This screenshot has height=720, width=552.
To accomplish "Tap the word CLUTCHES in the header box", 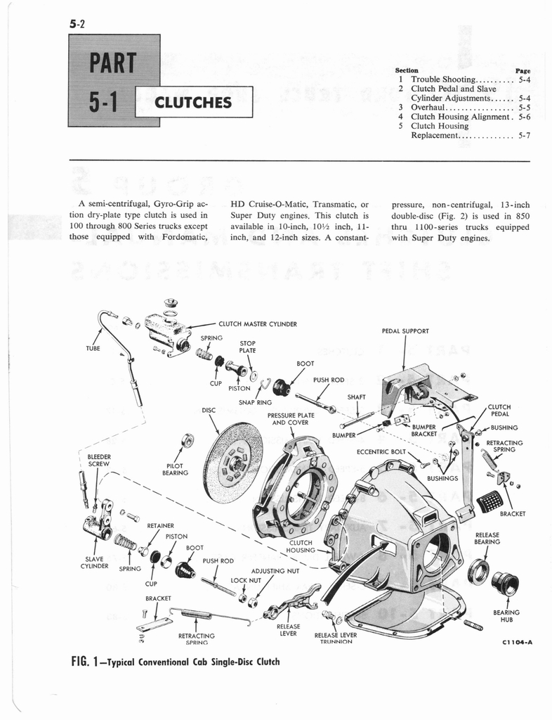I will click(193, 103).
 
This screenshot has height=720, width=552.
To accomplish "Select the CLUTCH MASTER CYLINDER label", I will click(258, 324).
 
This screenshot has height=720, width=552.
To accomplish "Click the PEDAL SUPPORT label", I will click(405, 330).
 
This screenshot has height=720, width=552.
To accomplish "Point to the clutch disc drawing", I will click(232, 459).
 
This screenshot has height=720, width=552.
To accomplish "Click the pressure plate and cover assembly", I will click(295, 486).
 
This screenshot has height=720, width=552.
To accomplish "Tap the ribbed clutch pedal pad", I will click(489, 501).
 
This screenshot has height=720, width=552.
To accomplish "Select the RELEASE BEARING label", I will click(487, 538).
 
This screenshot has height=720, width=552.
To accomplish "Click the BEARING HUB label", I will click(506, 617).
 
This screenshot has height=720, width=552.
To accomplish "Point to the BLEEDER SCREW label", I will click(98, 460).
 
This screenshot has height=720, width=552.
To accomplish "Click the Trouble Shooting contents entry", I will click(444, 80).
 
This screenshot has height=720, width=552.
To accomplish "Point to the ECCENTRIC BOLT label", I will click(381, 451).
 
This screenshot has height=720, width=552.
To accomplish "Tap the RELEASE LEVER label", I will click(288, 629).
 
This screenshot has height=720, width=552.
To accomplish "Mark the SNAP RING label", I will click(255, 402).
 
